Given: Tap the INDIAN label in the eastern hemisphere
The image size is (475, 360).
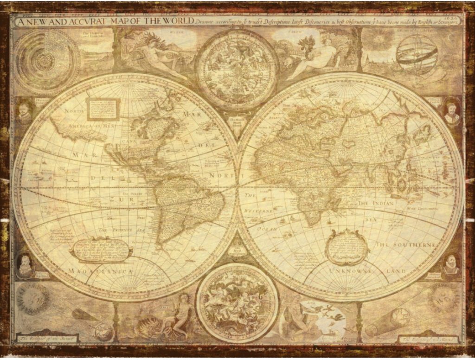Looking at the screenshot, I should point(383,203).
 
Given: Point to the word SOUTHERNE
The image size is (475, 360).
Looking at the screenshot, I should point(406,244).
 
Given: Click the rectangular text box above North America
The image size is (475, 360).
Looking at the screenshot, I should point(103,108).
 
